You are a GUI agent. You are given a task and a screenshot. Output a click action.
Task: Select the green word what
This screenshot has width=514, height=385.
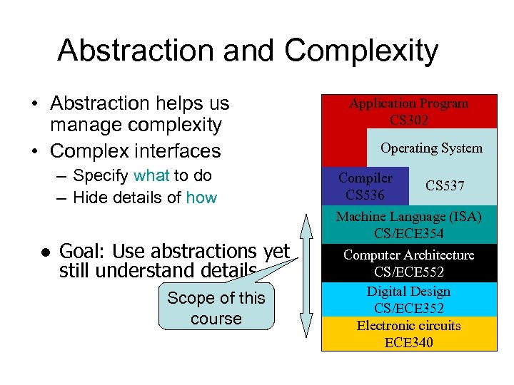pyautogui.click(x=151, y=175)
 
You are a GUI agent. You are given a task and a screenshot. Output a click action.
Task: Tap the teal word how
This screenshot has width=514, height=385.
pyautogui.click(x=201, y=197)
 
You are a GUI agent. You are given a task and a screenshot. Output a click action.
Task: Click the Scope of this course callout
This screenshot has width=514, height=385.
pyautogui.click(x=216, y=308)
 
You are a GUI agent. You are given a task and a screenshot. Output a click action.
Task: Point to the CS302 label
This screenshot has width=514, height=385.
pyautogui.click(x=408, y=120)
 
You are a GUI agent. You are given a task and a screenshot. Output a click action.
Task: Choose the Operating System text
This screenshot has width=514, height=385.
pyautogui.click(x=431, y=148)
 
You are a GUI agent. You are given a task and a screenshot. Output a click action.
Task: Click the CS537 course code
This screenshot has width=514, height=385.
pyautogui.click(x=445, y=186)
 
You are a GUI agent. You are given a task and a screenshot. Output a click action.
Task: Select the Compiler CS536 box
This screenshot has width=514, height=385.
pyautogui.click(x=365, y=186)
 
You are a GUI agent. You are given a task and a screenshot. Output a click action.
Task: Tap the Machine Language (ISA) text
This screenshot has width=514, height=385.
pyautogui.click(x=408, y=216)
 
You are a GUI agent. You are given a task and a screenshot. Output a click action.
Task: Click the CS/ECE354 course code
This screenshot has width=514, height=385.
pyautogui.click(x=408, y=233)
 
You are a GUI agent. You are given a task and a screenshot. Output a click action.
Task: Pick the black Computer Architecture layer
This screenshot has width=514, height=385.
pyautogui.click(x=408, y=262)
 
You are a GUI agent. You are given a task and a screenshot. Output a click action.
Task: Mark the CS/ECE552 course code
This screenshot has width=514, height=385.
pyautogui.click(x=408, y=272)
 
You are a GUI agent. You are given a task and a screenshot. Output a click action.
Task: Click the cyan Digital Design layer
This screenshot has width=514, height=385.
pyautogui.click(x=408, y=299)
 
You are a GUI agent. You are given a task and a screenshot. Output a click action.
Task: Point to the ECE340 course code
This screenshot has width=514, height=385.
pyautogui.click(x=408, y=343)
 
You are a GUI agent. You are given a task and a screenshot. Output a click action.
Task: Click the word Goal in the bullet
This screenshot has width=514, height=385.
pyautogui.click(x=82, y=251)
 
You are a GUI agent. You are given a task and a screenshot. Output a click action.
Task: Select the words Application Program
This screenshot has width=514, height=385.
pyautogui.click(x=408, y=103)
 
